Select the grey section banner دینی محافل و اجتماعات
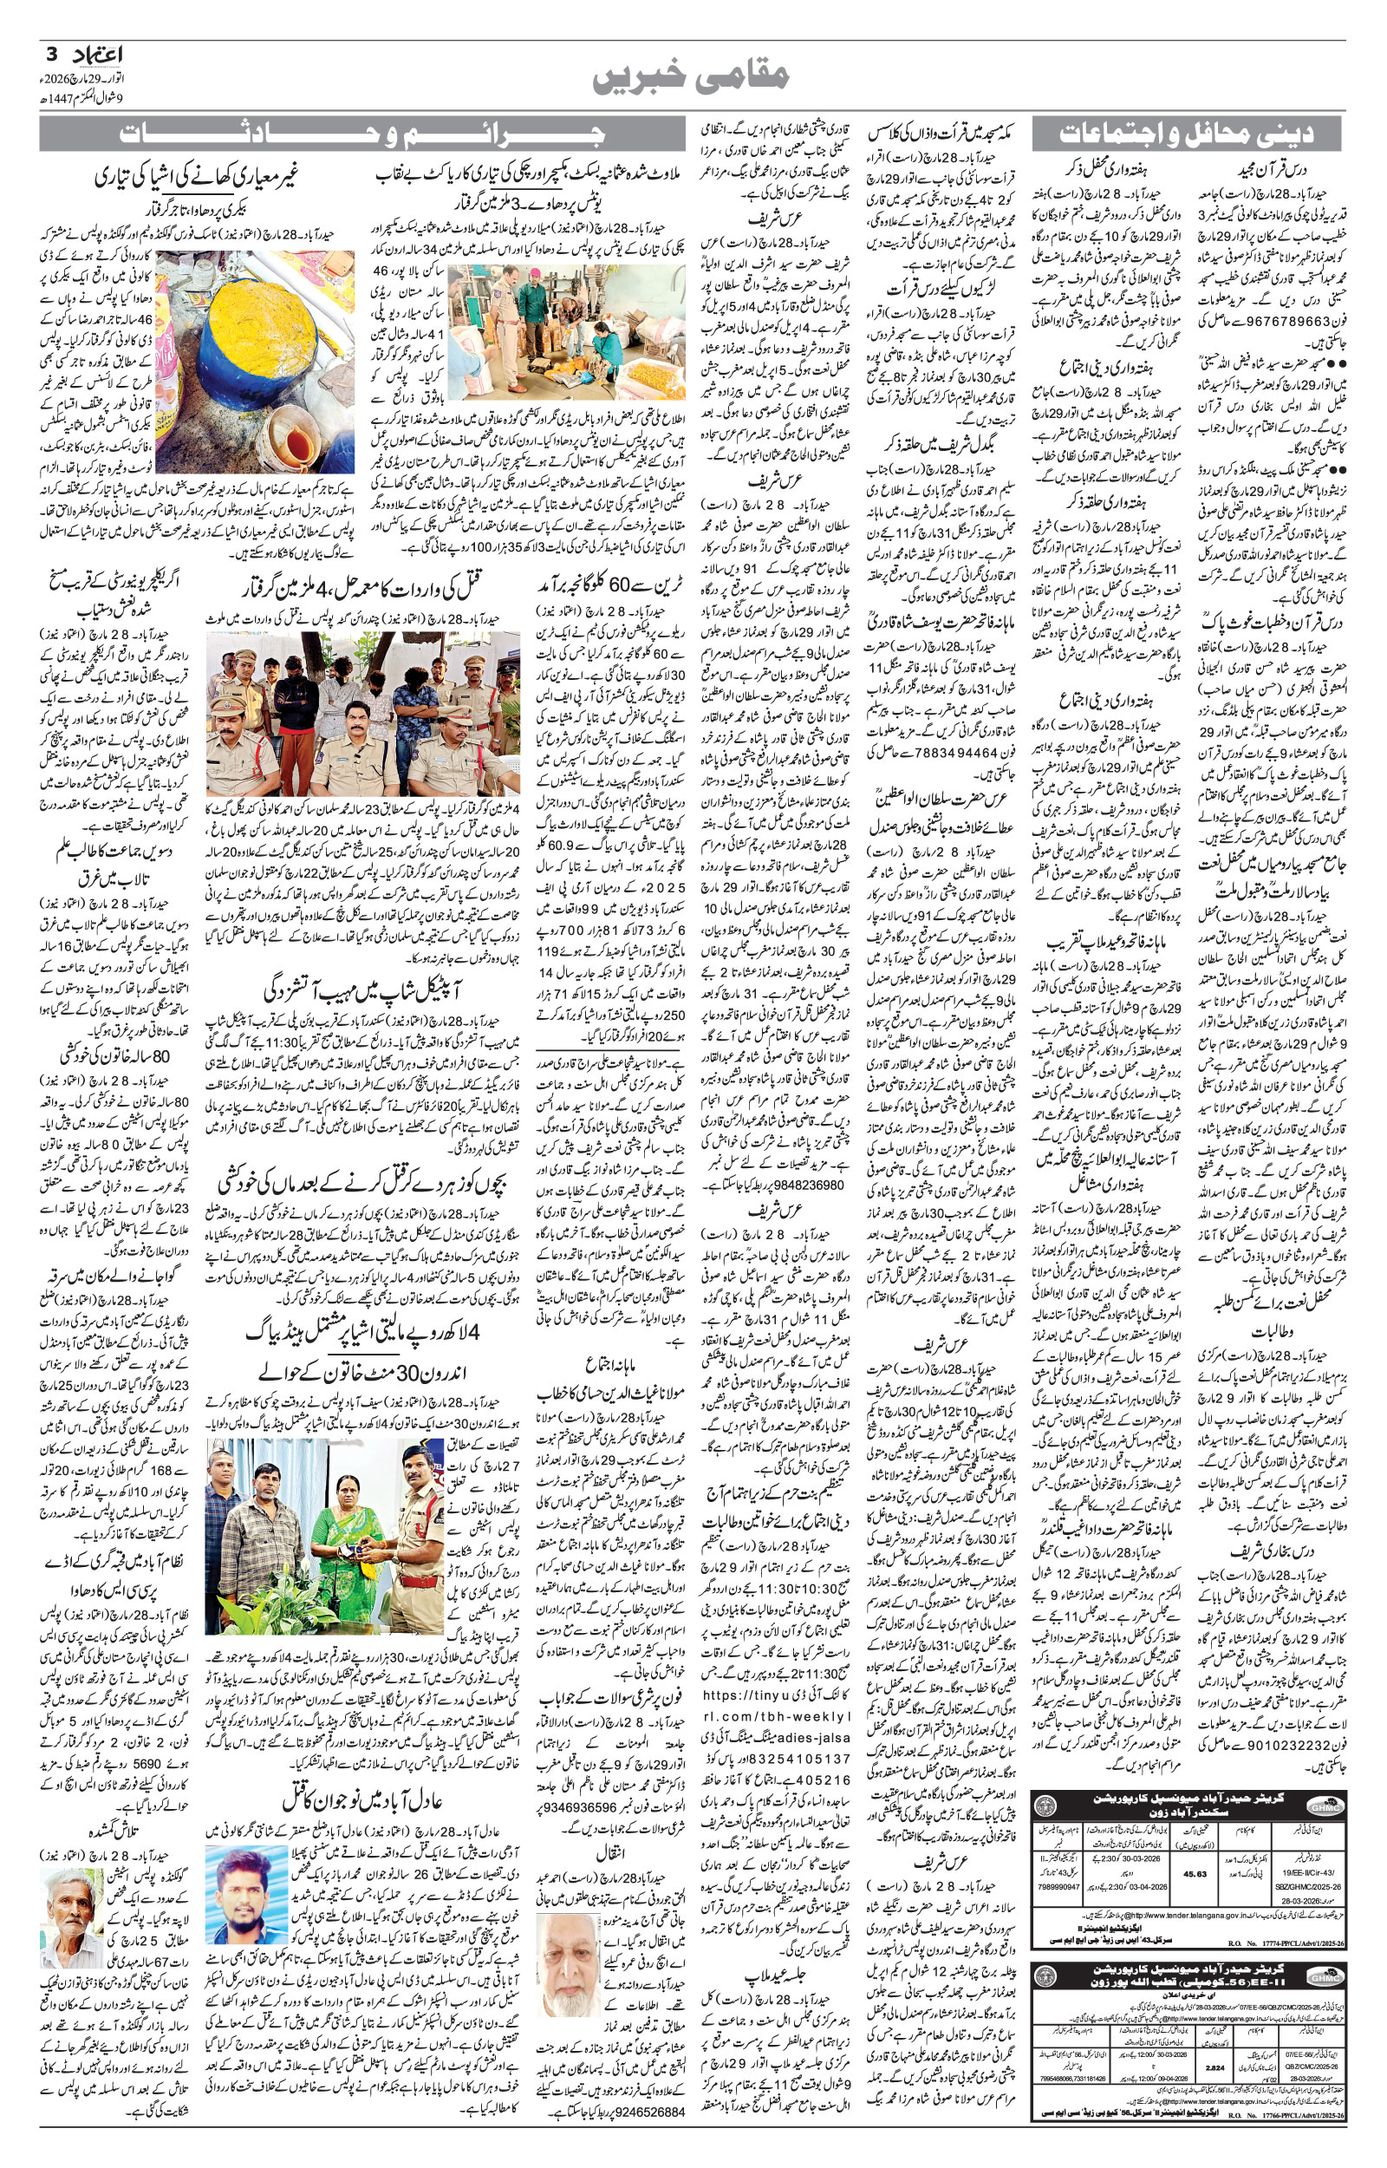tap(1186, 135)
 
